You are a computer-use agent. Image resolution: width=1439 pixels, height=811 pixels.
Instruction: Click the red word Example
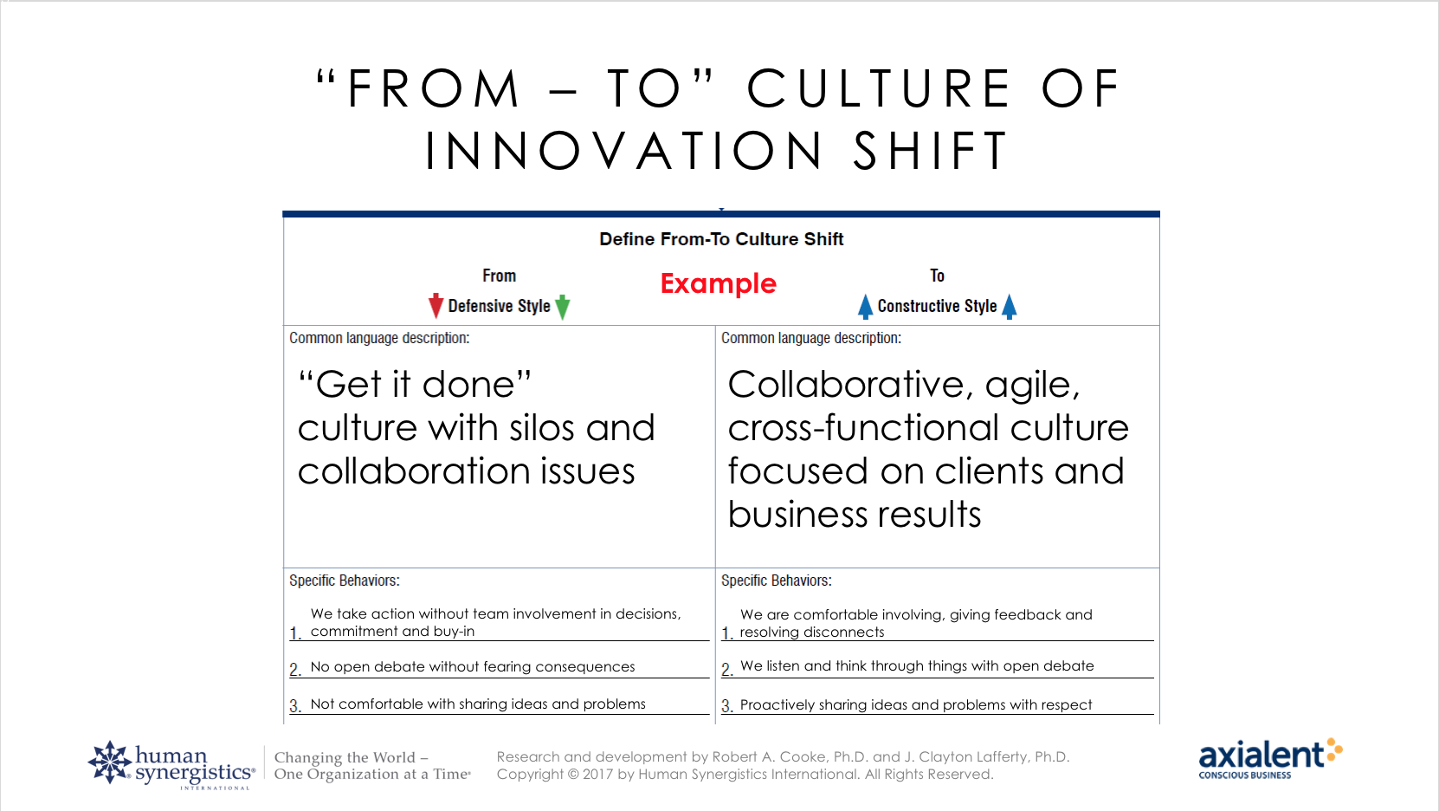pos(719,284)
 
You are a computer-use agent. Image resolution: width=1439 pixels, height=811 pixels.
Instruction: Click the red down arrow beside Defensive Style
pos(436,306)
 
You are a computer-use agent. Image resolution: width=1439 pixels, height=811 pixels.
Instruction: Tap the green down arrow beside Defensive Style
pos(562,307)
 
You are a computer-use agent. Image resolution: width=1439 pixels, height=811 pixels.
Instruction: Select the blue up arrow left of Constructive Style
pos(865,307)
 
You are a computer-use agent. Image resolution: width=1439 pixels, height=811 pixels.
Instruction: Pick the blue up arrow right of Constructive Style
pos(1010,307)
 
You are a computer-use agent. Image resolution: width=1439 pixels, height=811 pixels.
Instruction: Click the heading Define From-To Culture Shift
pos(720,239)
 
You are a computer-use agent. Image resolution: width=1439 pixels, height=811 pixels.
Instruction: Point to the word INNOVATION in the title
pos(623,151)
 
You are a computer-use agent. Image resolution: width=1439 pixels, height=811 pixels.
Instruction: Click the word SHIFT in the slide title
pos(931,151)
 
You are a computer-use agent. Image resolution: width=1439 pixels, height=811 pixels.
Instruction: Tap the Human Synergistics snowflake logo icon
pos(110,762)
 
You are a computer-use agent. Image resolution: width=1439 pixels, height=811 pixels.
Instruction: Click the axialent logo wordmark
pos(1262,755)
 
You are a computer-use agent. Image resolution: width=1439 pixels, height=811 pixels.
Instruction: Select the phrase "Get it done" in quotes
pos(415,385)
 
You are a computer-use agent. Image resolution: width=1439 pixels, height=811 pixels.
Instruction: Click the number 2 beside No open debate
pos(295,669)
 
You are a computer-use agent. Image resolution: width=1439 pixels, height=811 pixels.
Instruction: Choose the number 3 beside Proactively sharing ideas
pos(726,706)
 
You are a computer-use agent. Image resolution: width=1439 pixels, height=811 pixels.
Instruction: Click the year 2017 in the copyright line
pos(598,775)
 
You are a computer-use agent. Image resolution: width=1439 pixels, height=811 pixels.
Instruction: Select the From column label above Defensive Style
pos(500,276)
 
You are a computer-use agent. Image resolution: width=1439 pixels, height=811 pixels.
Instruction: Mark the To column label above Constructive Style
pos(938,276)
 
